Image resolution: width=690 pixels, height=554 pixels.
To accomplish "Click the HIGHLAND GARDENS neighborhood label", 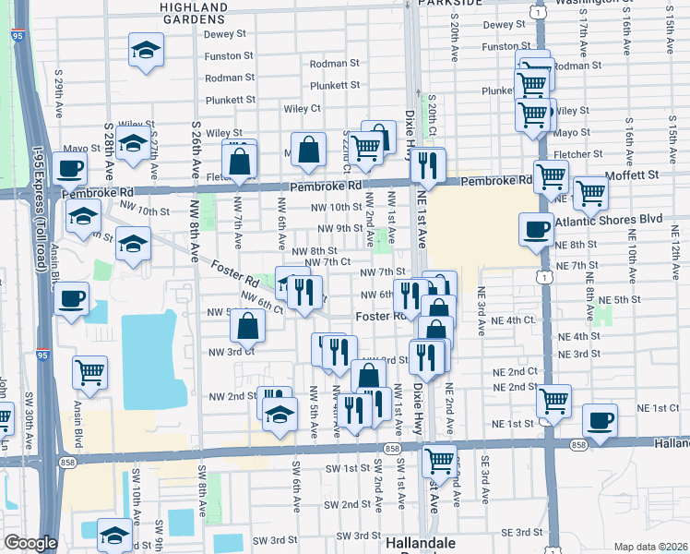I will click(x=193, y=13).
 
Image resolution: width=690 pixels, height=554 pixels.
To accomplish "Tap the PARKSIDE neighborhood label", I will click(x=449, y=4).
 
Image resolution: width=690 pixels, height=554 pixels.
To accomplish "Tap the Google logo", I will click(x=30, y=543).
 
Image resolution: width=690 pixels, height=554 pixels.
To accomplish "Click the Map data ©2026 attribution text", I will click(x=650, y=547).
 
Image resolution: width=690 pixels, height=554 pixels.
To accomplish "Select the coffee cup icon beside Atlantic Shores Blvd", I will click(x=536, y=230).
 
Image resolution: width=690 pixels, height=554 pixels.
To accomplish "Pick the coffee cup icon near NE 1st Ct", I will click(x=600, y=421).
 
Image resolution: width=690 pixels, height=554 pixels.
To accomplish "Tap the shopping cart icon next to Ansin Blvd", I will click(x=90, y=371).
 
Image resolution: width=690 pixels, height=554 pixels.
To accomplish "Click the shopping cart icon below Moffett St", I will click(x=589, y=192).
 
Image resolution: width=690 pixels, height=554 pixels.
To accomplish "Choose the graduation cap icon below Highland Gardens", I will click(x=145, y=50).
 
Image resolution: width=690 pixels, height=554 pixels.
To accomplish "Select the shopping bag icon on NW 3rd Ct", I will click(x=247, y=325).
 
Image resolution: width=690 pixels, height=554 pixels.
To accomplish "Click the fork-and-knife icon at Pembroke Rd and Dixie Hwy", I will click(x=426, y=165).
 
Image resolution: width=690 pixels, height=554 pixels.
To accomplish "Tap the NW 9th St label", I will click(x=339, y=228).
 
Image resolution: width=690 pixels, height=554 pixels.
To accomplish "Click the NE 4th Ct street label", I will click(x=514, y=320).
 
